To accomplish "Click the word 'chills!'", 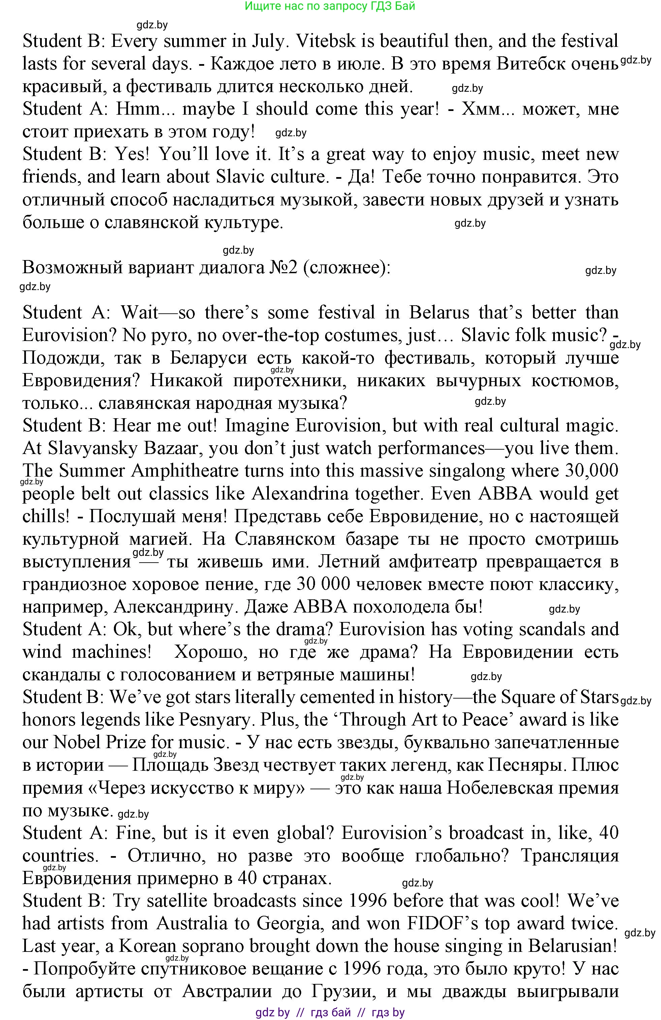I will pos(46,516).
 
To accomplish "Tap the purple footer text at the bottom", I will pos(329,1012).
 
